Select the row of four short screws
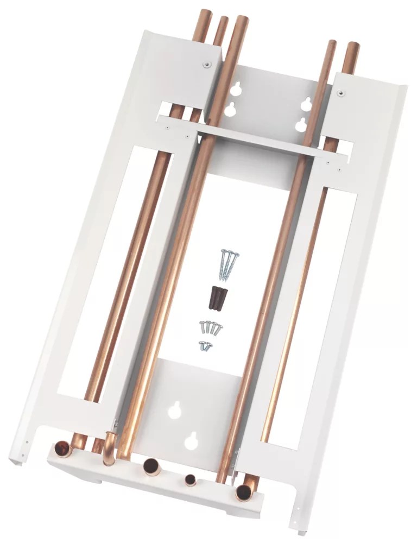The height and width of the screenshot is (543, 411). click(x=211, y=327)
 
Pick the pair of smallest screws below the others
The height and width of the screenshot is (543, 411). click(x=205, y=345)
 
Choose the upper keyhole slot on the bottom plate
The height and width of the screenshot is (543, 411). click(x=175, y=411)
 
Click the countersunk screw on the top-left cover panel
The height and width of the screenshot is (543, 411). click(x=206, y=65)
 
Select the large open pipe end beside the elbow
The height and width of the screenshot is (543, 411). click(x=150, y=466)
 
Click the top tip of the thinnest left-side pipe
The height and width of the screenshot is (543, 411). click(x=222, y=22)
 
